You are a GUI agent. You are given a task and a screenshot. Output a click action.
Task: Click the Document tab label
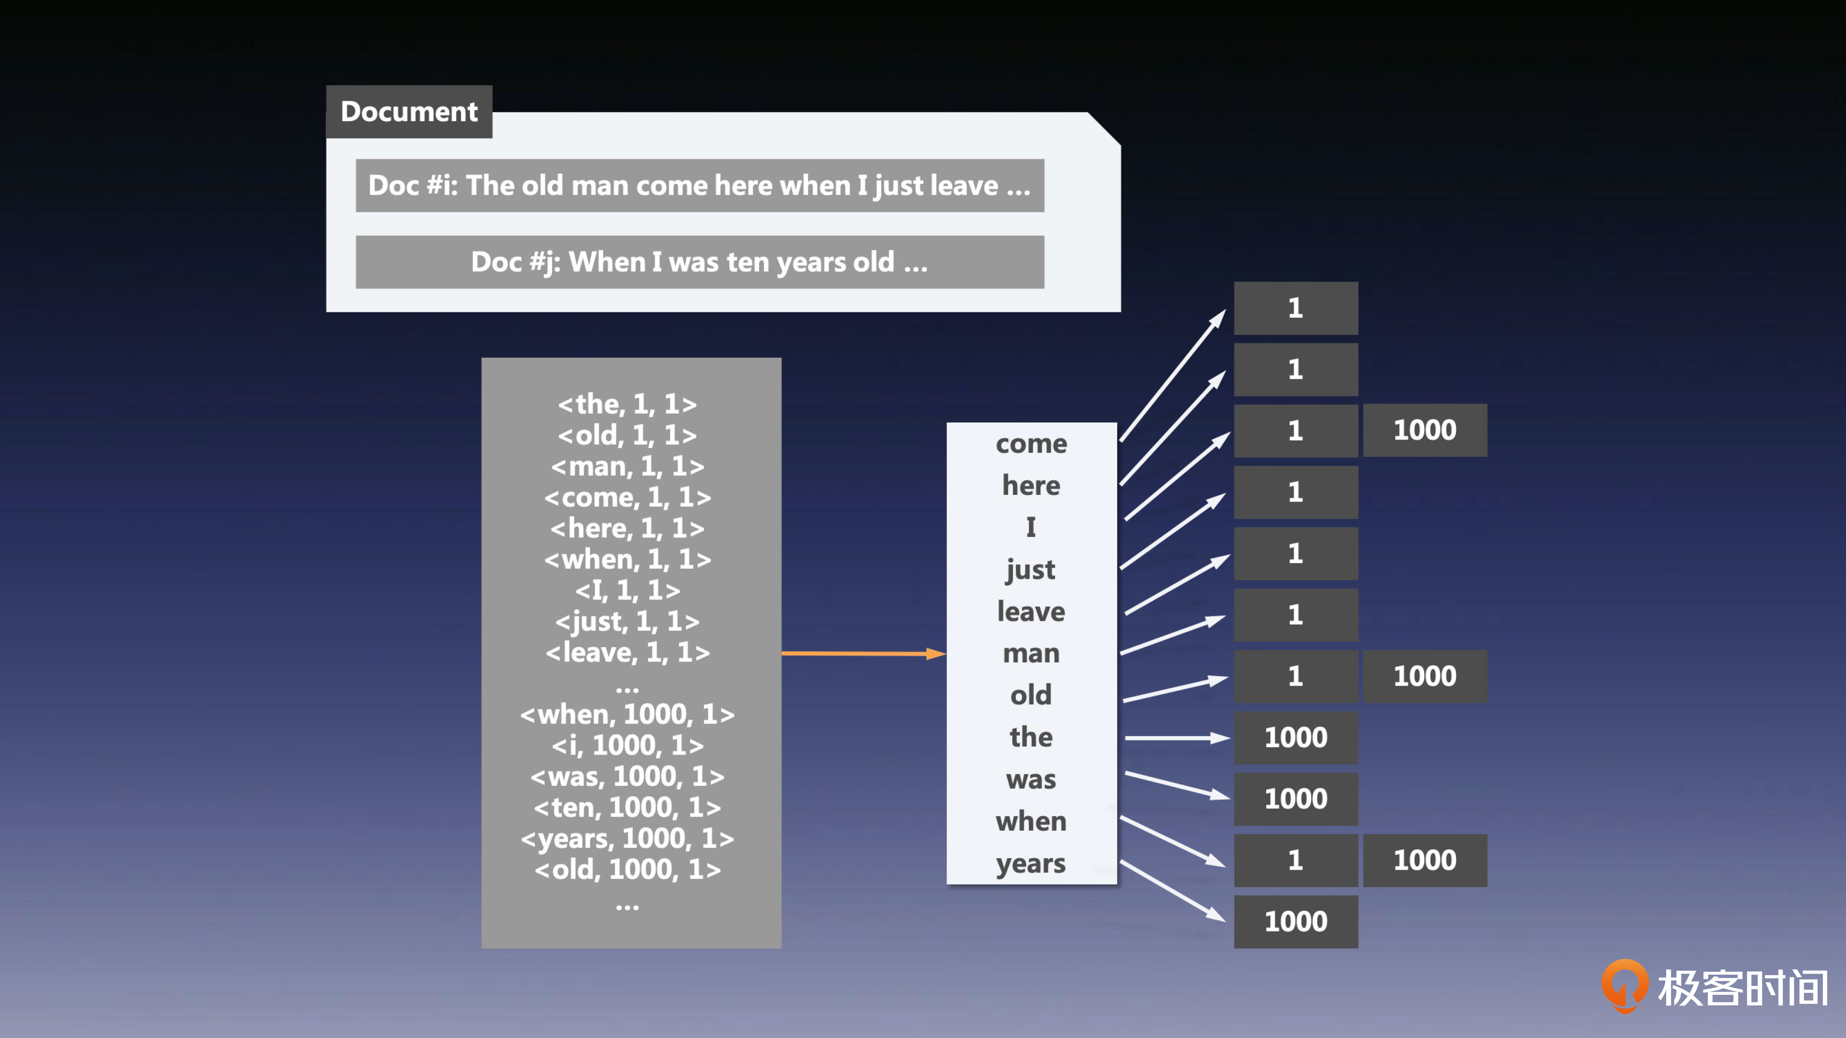(409, 112)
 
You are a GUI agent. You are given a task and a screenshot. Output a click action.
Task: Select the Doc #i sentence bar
(700, 185)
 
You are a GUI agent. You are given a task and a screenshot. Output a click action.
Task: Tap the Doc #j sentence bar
(700, 262)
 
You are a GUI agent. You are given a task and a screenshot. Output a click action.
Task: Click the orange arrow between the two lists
(863, 653)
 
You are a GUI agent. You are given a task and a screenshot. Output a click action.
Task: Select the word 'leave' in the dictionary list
(1031, 611)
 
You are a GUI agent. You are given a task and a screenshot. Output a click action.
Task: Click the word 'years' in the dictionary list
(1031, 864)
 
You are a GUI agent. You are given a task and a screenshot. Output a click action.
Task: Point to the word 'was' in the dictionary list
(1031, 779)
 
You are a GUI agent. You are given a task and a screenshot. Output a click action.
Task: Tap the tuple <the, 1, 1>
(628, 404)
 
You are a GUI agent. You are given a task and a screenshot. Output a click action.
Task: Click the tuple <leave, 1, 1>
(628, 652)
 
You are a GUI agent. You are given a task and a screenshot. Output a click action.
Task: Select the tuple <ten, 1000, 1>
(628, 807)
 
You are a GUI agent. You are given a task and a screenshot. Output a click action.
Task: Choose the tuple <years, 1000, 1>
(628, 839)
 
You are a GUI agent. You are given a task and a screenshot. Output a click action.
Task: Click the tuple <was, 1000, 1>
(628, 776)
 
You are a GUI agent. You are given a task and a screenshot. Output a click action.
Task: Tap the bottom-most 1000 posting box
(1296, 922)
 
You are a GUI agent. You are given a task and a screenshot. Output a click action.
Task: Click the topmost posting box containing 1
(1296, 308)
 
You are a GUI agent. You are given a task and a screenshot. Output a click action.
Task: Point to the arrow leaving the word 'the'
(1177, 738)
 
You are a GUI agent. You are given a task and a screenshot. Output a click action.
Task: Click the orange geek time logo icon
(1624, 985)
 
